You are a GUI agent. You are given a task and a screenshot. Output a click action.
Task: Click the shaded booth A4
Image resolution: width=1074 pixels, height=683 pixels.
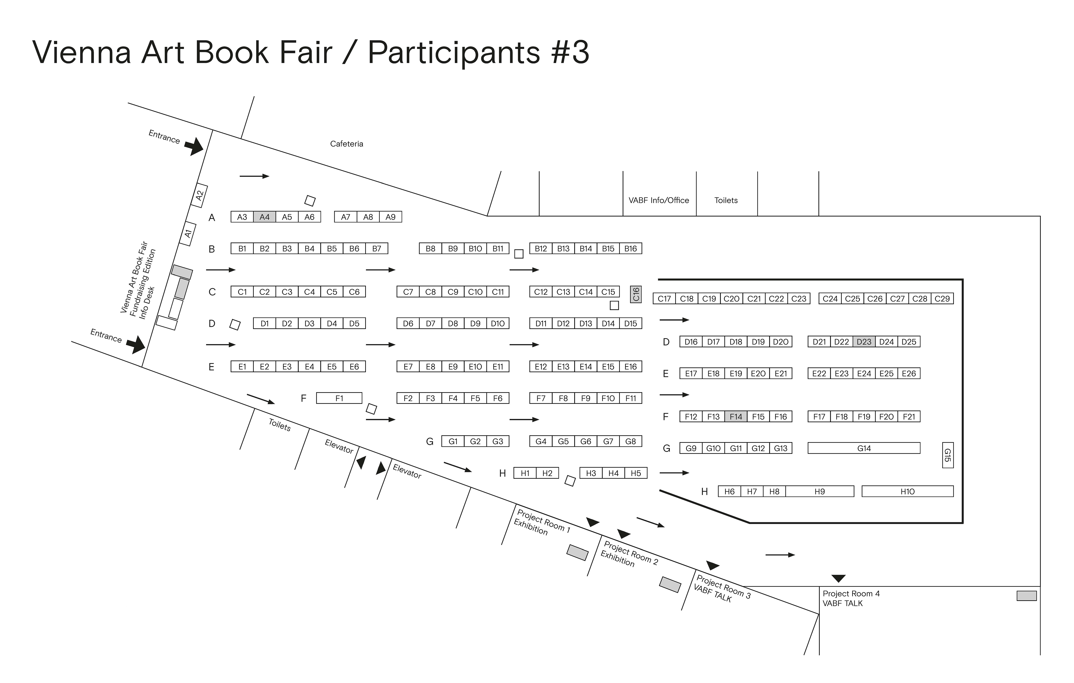point(265,217)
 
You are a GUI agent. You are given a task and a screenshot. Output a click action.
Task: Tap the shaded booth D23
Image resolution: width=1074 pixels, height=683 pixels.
point(864,342)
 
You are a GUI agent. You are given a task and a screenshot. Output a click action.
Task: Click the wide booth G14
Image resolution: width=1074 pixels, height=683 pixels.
point(864,448)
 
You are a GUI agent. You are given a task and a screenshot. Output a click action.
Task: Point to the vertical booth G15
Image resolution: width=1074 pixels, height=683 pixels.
point(948,455)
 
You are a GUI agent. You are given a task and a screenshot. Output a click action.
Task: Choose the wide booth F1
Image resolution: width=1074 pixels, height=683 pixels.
point(339,398)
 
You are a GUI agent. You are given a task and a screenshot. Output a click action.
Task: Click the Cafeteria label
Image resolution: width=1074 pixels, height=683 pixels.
point(347,144)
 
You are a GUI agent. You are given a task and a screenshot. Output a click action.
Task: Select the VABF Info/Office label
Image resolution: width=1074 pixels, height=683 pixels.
point(659,200)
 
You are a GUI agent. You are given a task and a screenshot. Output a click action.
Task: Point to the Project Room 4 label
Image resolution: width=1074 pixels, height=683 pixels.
point(851,594)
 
